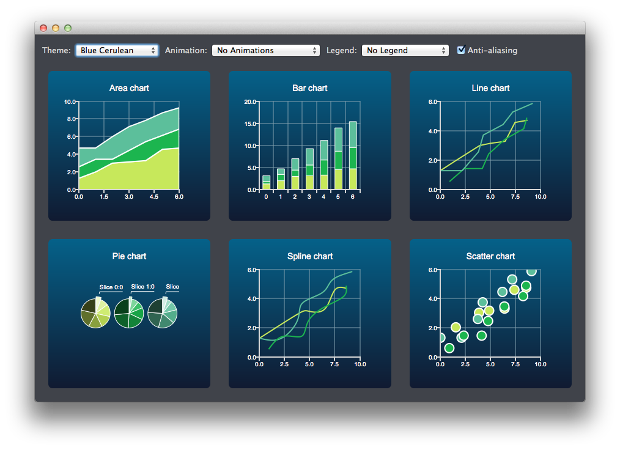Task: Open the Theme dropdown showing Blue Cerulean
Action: click(116, 51)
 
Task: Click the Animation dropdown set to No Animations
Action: click(265, 51)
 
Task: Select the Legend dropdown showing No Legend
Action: click(405, 51)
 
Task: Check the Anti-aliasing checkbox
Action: click(462, 50)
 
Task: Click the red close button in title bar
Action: click(43, 28)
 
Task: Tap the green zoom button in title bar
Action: click(68, 28)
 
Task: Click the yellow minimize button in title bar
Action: click(56, 28)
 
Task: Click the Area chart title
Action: click(129, 88)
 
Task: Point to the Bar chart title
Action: click(310, 88)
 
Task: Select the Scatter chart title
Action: click(490, 256)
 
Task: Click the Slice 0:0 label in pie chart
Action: click(111, 287)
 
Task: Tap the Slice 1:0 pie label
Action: click(142, 287)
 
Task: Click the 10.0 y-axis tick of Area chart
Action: click(70, 102)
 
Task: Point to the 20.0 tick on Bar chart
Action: click(250, 102)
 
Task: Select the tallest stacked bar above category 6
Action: click(353, 155)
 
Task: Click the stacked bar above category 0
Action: click(266, 182)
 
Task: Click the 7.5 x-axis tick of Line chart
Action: click(515, 197)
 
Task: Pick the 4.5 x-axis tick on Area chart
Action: click(153, 197)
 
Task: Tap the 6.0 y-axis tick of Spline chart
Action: click(251, 270)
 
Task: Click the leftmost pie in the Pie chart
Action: click(95, 314)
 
